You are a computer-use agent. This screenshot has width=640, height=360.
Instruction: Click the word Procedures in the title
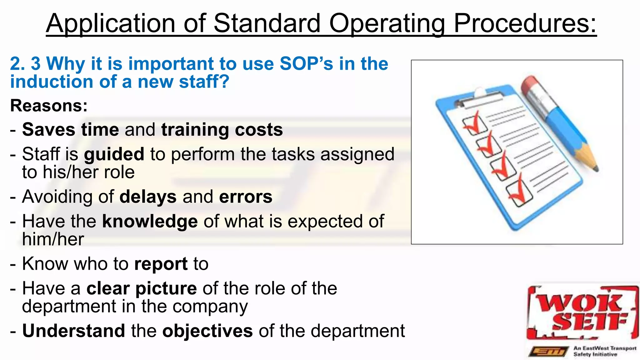pos(525,24)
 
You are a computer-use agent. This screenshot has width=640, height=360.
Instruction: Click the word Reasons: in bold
pos(49,106)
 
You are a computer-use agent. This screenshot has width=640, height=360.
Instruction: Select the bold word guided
pos(114,155)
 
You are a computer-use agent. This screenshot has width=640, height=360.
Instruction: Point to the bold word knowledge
pos(150,222)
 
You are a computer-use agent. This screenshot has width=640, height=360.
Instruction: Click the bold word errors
pos(246,197)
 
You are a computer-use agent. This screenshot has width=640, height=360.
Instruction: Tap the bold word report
pos(161,264)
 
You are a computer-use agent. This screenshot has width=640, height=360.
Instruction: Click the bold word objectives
pos(207,331)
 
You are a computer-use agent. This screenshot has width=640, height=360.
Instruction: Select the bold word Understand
pos(74,331)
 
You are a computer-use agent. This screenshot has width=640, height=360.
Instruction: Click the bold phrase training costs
pos(222,130)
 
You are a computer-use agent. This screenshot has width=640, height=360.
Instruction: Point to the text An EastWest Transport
pos(605,348)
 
